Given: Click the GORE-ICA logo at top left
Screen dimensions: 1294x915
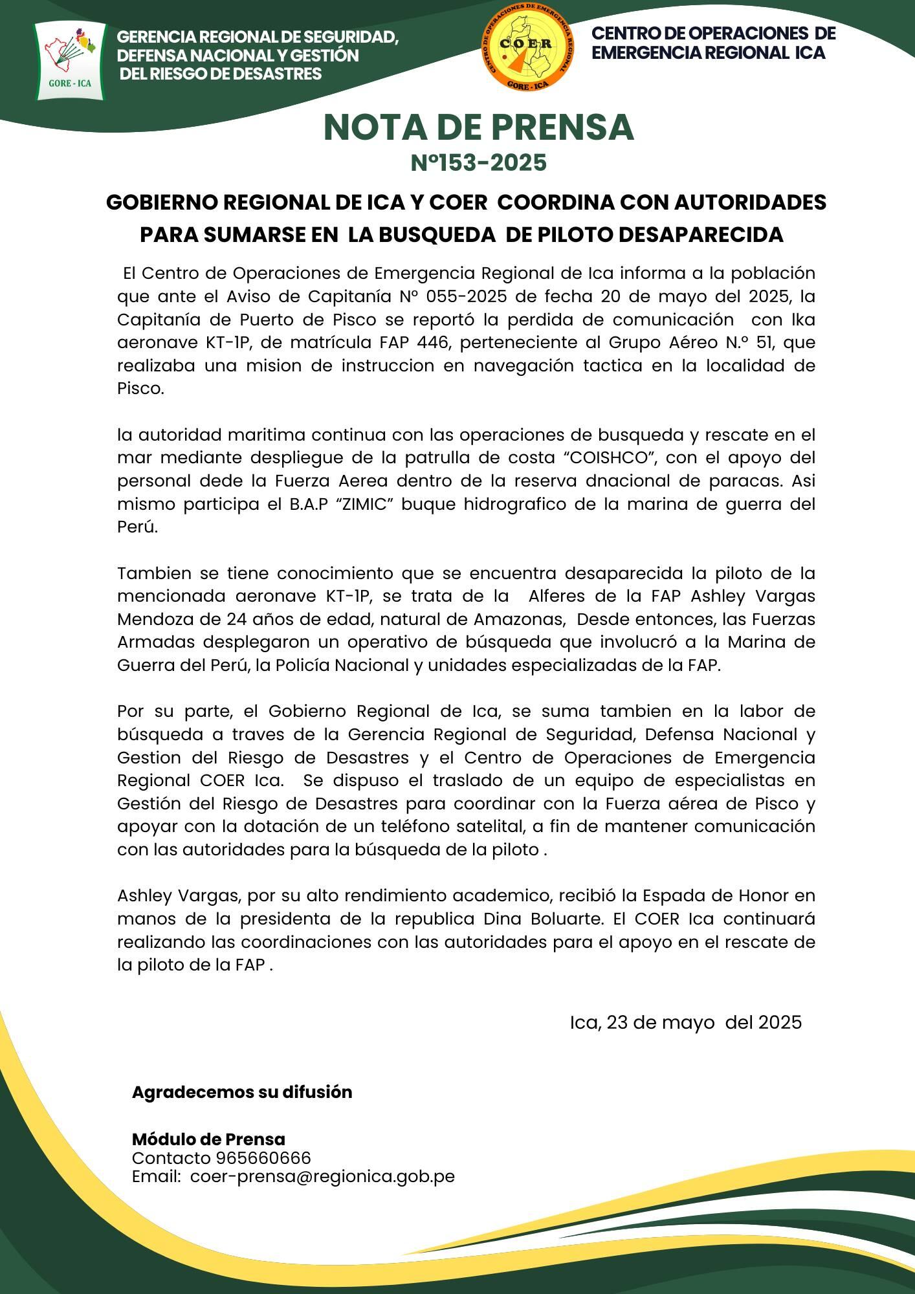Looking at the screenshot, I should coord(70,61).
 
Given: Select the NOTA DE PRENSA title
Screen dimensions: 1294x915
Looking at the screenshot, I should coord(478,127).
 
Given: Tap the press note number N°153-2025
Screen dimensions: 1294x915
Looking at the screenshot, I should coord(478,162).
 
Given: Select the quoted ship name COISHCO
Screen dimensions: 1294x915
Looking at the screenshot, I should coord(610,457).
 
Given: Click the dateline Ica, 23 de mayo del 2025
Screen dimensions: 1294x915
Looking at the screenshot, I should coord(685,1022).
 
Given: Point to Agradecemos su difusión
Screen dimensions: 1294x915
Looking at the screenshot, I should coord(242,1092).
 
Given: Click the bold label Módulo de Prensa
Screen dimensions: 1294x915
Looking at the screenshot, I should coord(208,1139).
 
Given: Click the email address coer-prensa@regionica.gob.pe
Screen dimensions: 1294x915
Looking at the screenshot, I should coord(322,1176).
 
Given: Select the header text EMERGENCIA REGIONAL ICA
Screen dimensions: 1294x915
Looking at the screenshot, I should coord(708,53).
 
